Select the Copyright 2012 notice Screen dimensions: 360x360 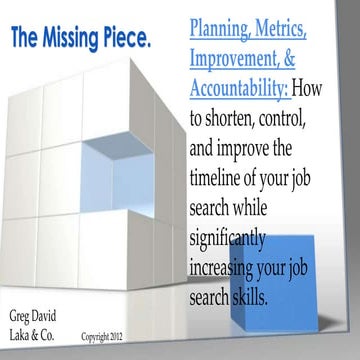click(x=110, y=338)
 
